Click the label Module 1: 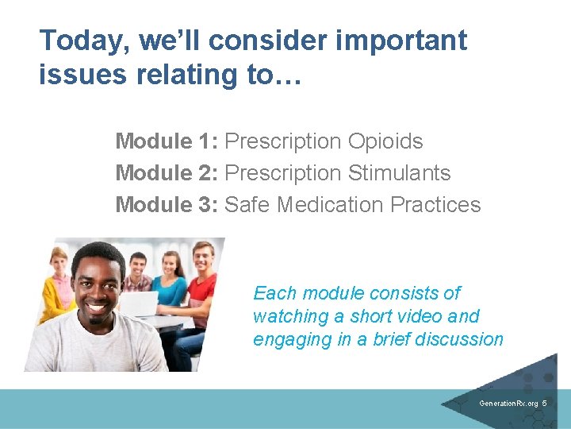click(x=167, y=141)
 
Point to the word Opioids click(x=385, y=141)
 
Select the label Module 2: click(x=167, y=173)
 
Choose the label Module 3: click(x=167, y=205)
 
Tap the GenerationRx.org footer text click(x=508, y=404)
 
